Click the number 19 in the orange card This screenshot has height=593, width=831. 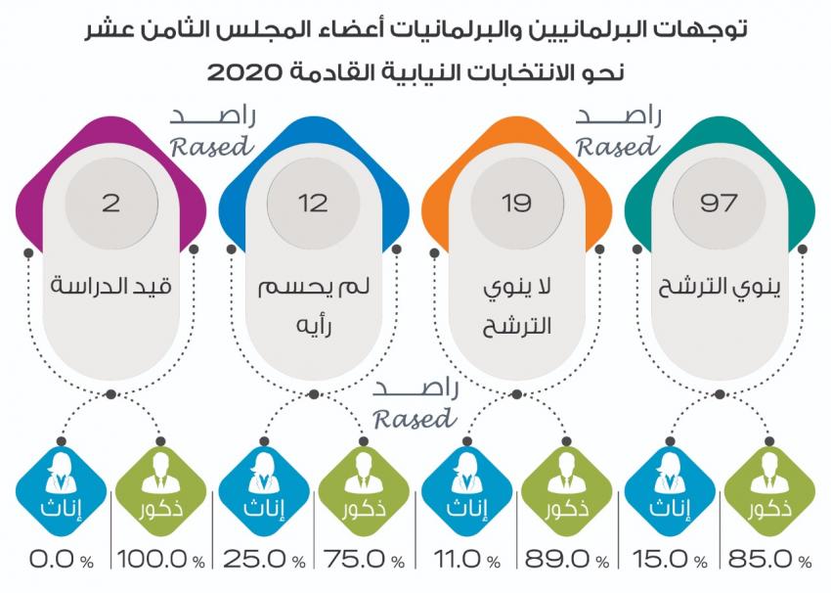tap(516, 204)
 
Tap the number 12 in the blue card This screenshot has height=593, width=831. tap(313, 204)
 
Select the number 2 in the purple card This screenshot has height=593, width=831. tap(110, 204)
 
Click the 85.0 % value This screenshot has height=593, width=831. tap(768, 561)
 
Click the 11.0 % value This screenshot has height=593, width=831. tap(465, 561)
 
